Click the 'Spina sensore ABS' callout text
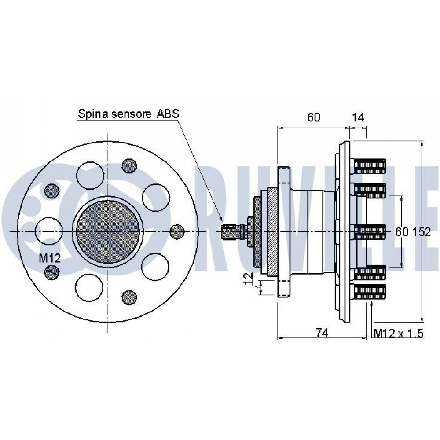coord(128,114)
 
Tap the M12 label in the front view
coord(49,258)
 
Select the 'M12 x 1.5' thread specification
coord(399,333)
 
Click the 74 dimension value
coord(322,333)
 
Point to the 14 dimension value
coord(358,117)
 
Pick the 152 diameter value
coord(421,232)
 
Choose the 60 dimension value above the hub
coord(313,117)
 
